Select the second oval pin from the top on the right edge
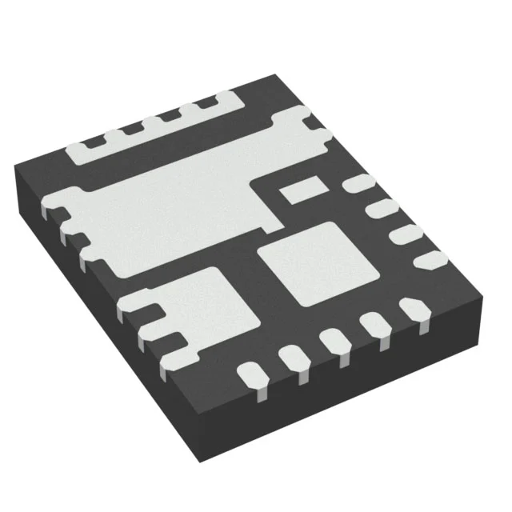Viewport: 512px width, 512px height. [379, 210]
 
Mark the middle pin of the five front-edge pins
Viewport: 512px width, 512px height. [335, 342]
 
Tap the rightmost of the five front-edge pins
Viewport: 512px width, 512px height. [413, 309]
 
